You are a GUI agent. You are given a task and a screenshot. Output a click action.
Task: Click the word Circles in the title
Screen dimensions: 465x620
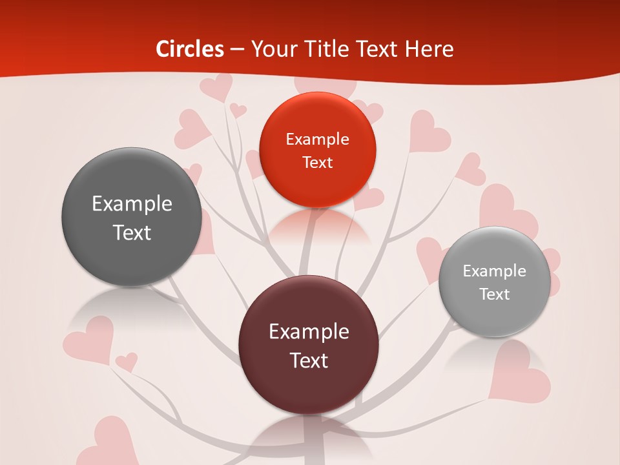[190, 49]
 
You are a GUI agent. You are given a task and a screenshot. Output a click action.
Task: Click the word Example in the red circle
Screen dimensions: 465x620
[317, 139]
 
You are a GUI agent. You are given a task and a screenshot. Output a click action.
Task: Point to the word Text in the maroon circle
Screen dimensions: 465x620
[309, 360]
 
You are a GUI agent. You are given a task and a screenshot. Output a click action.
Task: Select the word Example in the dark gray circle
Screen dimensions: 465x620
[132, 204]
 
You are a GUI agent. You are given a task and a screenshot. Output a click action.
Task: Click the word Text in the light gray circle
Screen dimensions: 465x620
[494, 294]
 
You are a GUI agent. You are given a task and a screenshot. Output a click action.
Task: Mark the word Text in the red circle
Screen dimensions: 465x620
[317, 162]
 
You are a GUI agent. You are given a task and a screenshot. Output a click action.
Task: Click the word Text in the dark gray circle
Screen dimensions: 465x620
[132, 232]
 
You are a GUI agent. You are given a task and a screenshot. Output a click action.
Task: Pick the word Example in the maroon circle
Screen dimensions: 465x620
[309, 332]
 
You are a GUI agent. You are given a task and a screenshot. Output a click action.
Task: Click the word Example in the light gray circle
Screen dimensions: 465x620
[494, 271]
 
